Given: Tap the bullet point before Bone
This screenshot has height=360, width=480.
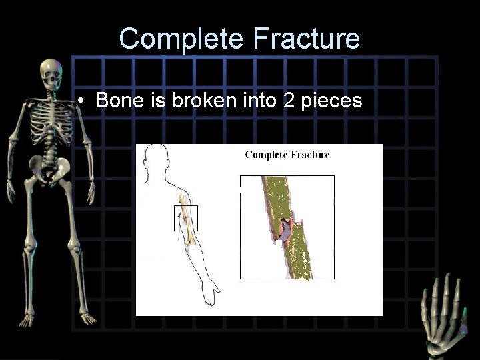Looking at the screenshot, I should pyautogui.click(x=79, y=102).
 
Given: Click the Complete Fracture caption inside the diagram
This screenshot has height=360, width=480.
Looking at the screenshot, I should pyautogui.click(x=287, y=155).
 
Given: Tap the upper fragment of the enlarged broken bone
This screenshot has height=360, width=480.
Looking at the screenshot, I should pyautogui.click(x=276, y=197).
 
